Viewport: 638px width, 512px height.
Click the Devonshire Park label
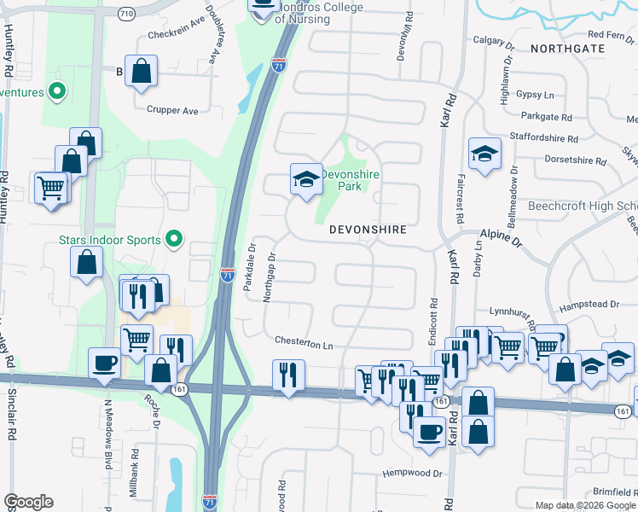pos(350,179)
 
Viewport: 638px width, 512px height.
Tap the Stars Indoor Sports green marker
pos(175,239)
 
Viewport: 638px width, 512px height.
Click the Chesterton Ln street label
pos(303,342)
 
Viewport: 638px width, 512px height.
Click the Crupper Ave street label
pos(172,110)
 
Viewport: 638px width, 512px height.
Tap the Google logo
pos(28,502)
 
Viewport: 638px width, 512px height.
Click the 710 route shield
pos(126,15)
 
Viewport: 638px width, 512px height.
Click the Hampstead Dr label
pos(589,305)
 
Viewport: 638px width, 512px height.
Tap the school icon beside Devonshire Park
pos(306,179)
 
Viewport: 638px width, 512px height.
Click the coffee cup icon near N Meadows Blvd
pos(106,362)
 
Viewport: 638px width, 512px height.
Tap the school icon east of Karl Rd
pos(484,154)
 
